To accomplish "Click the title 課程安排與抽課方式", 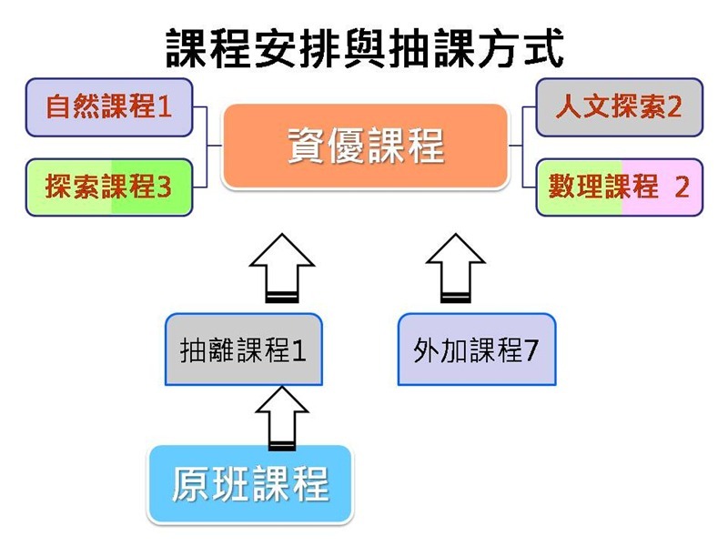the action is pyautogui.click(x=365, y=48).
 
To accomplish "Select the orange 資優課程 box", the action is pyautogui.click(x=366, y=147).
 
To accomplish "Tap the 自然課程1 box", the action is pyautogui.click(x=109, y=107).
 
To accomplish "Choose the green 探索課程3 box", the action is pyautogui.click(x=109, y=187).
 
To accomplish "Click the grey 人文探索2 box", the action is pyautogui.click(x=620, y=107).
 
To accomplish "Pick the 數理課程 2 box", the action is pyautogui.click(x=620, y=187).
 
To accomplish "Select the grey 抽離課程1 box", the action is pyautogui.click(x=244, y=349).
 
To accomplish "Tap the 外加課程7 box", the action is pyautogui.click(x=477, y=349).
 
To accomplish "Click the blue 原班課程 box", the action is pyautogui.click(x=250, y=484).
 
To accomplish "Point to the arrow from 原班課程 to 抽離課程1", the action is pyautogui.click(x=282, y=418).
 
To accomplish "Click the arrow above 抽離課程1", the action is pyautogui.click(x=282, y=268).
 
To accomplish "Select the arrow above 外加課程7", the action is pyautogui.click(x=456, y=268).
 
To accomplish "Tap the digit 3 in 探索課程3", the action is pyautogui.click(x=164, y=187).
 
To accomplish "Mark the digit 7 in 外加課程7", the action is pyautogui.click(x=531, y=350).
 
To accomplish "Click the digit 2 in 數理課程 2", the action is pyautogui.click(x=682, y=187).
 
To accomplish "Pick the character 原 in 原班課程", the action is pyautogui.click(x=191, y=484).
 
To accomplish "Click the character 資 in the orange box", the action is pyautogui.click(x=306, y=146).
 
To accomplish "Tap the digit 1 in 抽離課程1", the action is pyautogui.click(x=299, y=350).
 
